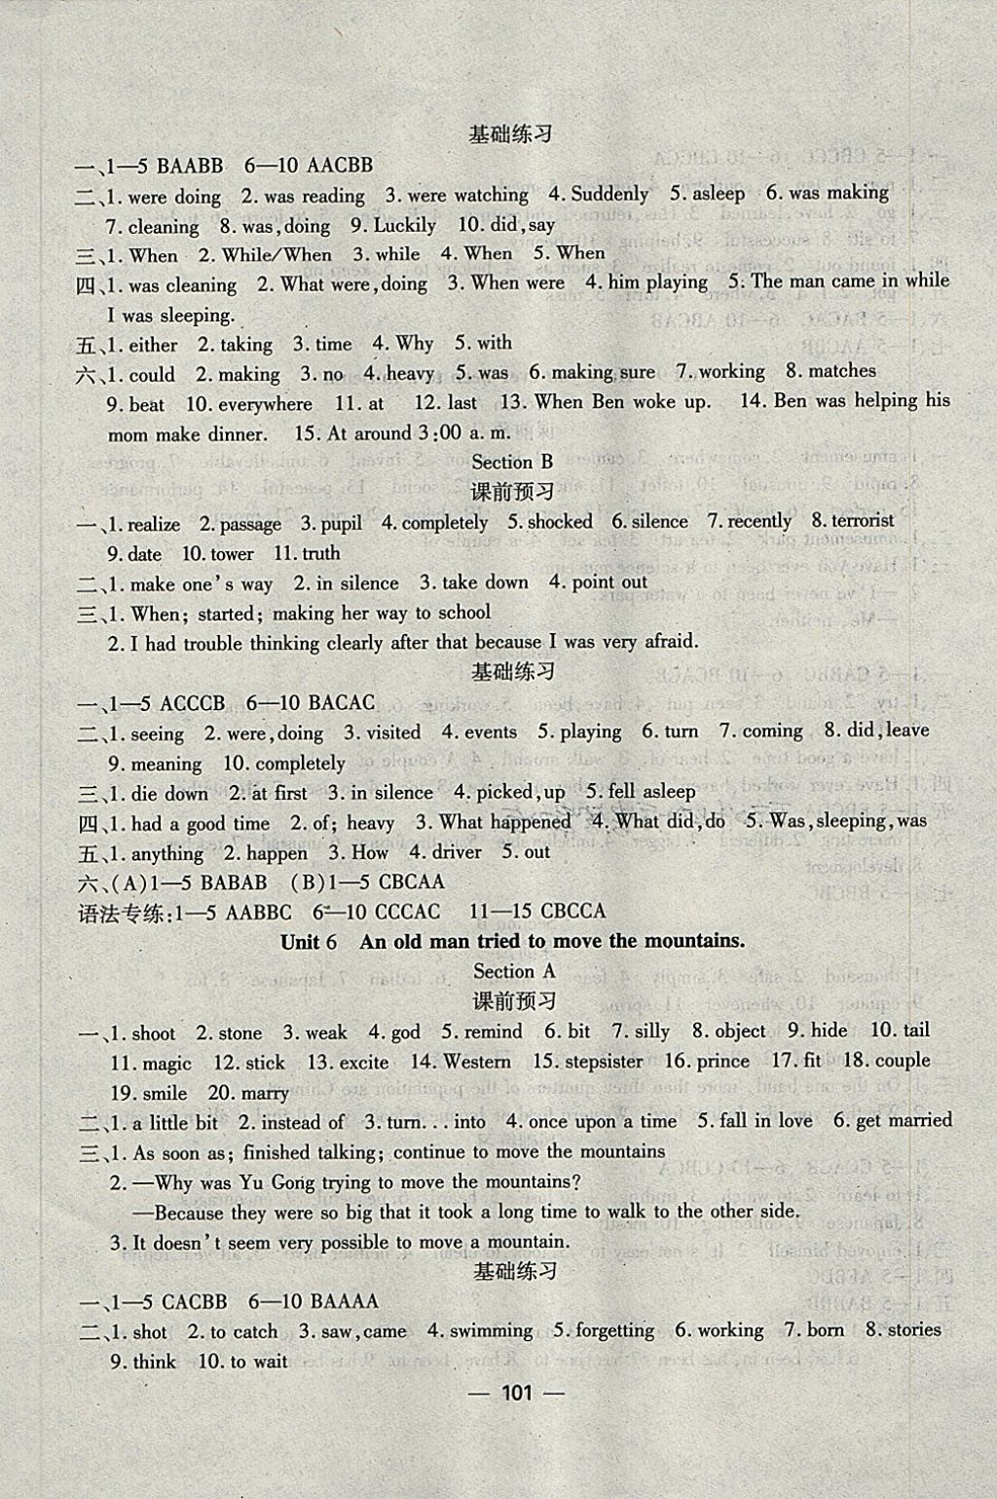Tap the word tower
point(231,553)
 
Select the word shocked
point(560,522)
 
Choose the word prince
point(723,1061)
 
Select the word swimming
point(492,1330)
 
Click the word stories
point(913,1329)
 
